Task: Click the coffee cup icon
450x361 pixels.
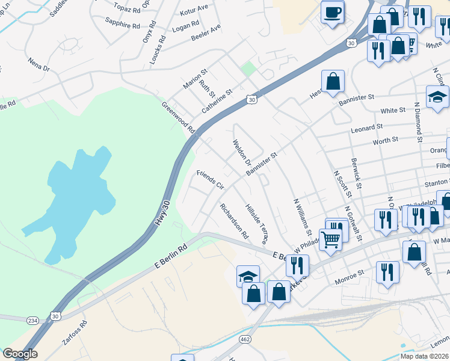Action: pyautogui.click(x=333, y=12)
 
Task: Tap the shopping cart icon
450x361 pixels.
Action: pyautogui.click(x=330, y=239)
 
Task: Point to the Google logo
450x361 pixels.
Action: pyautogui.click(x=20, y=354)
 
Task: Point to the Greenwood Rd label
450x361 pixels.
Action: pyautogui.click(x=179, y=118)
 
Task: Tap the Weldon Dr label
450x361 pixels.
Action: pyautogui.click(x=242, y=152)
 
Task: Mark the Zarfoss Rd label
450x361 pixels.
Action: pyautogui.click(x=75, y=332)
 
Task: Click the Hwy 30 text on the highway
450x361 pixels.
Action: pyautogui.click(x=162, y=212)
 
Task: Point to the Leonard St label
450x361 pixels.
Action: pyautogui.click(x=368, y=128)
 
